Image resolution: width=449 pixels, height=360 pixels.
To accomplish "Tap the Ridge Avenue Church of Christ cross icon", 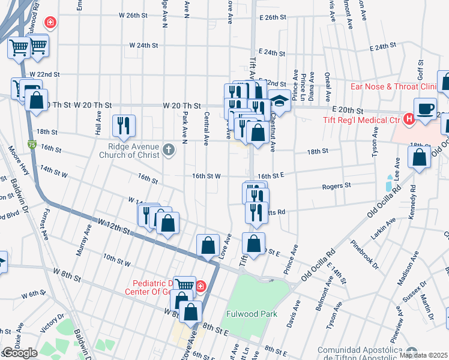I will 169,150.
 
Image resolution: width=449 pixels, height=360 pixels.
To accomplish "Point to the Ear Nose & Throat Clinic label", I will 393,87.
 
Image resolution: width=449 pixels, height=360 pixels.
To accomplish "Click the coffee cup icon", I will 426,109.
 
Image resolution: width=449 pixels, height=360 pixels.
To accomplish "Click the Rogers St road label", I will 336,186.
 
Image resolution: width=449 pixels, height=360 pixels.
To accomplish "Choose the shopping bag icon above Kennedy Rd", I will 420,157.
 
